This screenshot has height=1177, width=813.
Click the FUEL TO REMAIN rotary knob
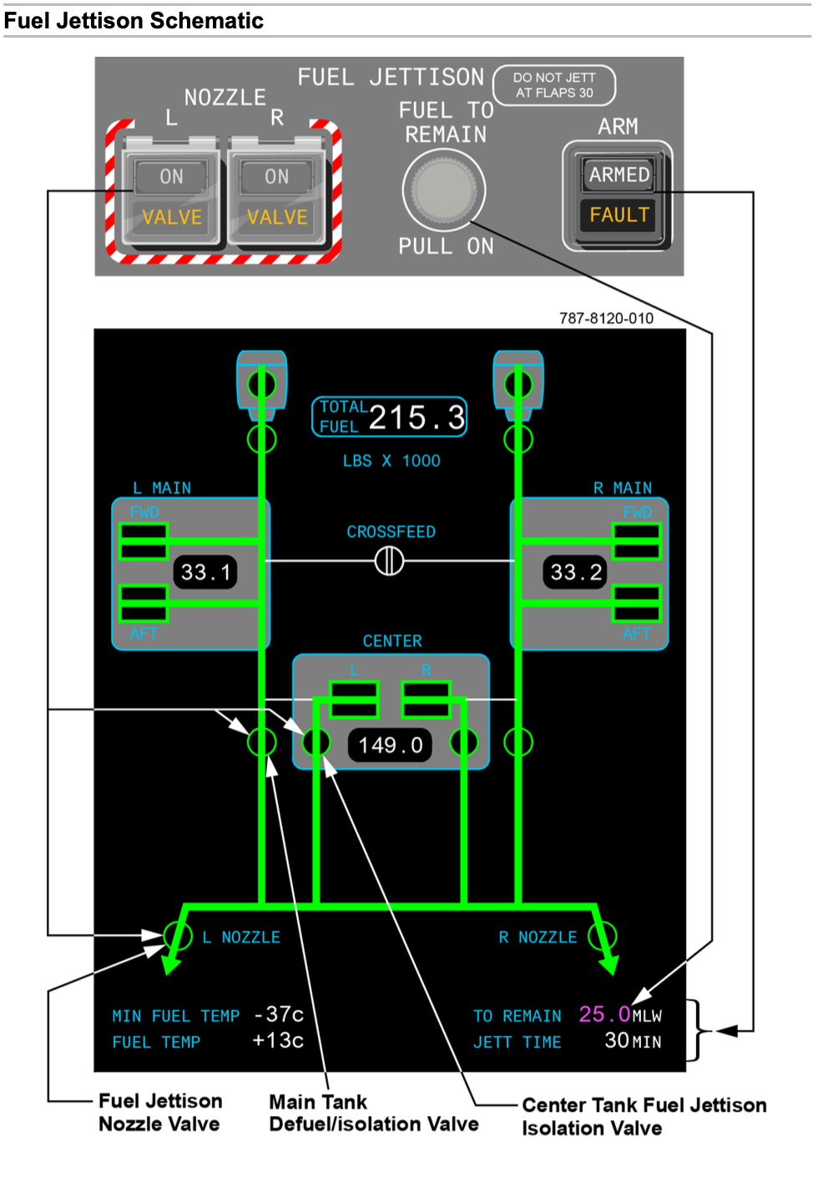click(444, 190)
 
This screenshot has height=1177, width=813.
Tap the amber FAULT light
click(619, 215)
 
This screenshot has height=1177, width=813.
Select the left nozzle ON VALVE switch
click(171, 197)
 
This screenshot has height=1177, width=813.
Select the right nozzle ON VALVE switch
click(276, 197)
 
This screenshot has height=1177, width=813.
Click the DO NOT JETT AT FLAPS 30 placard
click(554, 85)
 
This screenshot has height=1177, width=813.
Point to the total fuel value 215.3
click(417, 417)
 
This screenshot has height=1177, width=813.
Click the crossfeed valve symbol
click(389, 561)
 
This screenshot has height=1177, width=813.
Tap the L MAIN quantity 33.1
click(205, 573)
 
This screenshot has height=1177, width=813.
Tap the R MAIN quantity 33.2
click(575, 573)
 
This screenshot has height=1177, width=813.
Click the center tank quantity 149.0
click(390, 745)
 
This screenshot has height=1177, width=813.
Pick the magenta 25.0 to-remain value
click(604, 1014)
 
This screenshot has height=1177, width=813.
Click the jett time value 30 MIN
click(632, 1041)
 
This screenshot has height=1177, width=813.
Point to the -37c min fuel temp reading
click(278, 1014)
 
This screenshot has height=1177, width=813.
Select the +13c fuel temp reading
click(278, 1041)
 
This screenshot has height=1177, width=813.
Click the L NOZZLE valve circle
click(178, 936)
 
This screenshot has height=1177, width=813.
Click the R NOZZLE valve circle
click(603, 936)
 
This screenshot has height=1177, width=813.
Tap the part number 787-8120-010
click(606, 318)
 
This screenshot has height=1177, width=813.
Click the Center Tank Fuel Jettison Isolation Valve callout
click(644, 1117)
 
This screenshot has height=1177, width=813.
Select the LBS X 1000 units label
click(391, 461)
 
